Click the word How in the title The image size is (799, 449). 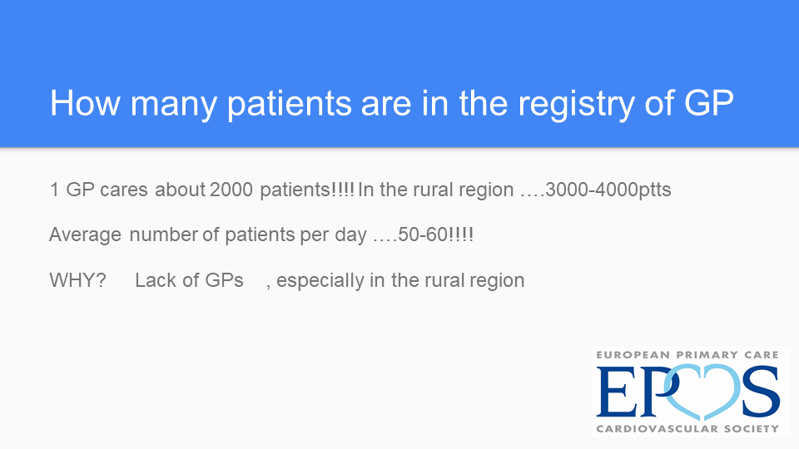(85, 103)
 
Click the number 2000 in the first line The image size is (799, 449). (231, 190)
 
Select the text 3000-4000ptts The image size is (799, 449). (608, 190)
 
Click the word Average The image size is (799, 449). (85, 235)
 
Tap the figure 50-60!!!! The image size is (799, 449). (435, 234)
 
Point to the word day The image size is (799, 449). (350, 235)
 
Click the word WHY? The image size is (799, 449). (77, 280)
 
